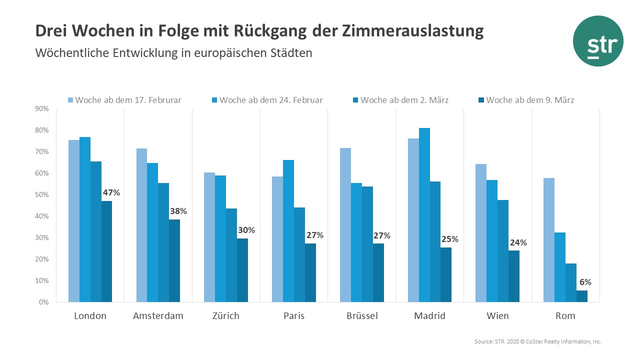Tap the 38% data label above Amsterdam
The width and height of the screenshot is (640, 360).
pos(178,211)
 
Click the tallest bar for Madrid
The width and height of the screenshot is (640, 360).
pos(424,215)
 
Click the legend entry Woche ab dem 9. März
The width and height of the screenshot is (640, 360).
pos(524,100)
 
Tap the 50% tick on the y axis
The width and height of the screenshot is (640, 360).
pos(41,195)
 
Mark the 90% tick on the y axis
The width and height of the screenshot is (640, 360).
pos(41,109)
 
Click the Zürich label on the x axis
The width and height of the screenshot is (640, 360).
pos(225,316)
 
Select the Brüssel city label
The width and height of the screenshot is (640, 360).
pos(362,316)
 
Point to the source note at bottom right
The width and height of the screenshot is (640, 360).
pos(537,341)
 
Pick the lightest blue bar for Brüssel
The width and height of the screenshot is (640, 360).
pos(345,225)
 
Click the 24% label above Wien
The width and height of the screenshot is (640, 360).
pos(518,243)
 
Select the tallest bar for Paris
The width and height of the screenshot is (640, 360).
pos(288,231)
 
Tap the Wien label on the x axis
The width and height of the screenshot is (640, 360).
pos(497,316)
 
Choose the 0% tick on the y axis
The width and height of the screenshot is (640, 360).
pos(43,302)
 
